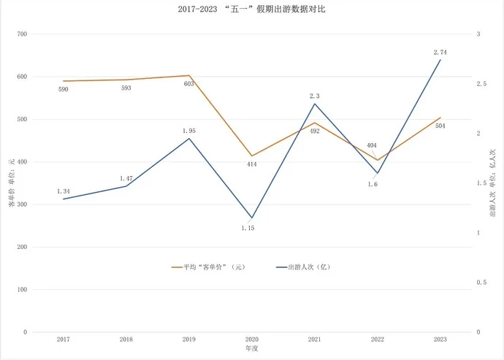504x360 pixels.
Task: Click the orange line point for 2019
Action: (x=188, y=75)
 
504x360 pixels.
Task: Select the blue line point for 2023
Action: (x=440, y=59)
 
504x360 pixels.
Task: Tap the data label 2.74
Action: (x=440, y=52)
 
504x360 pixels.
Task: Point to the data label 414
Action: (x=251, y=164)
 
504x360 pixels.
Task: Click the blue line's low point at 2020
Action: (x=251, y=218)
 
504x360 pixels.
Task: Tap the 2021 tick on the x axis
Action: (x=315, y=340)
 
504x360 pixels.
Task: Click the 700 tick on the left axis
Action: (x=21, y=34)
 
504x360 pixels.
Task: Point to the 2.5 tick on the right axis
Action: (x=481, y=84)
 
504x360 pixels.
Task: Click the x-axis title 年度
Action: (x=251, y=350)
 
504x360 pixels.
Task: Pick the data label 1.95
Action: (x=188, y=131)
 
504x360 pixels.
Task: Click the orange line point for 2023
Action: (x=440, y=118)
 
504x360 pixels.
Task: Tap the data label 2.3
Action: (x=315, y=96)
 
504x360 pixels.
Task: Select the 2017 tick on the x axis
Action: (x=63, y=340)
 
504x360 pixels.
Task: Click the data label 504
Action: (x=440, y=126)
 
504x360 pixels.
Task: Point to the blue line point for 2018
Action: (x=126, y=186)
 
